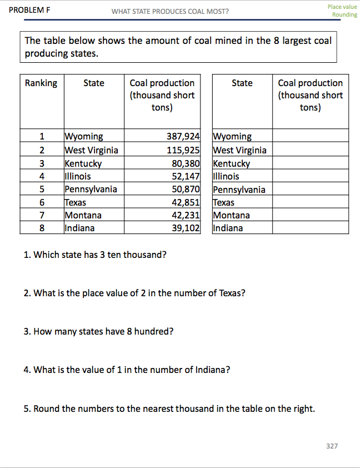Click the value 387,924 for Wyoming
point(183,136)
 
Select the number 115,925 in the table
point(183,150)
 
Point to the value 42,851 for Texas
point(185,202)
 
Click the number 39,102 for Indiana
point(185,228)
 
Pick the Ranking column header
point(41,83)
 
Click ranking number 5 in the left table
point(42,189)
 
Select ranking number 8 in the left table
point(42,228)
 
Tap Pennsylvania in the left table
point(91,189)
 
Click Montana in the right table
point(232,215)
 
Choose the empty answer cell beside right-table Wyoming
point(310,136)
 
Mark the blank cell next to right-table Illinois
point(310,177)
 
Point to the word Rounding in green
point(344,14)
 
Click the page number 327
point(331,446)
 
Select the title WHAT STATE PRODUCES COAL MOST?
point(170,11)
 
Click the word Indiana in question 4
point(213,370)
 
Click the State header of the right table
point(242,83)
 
